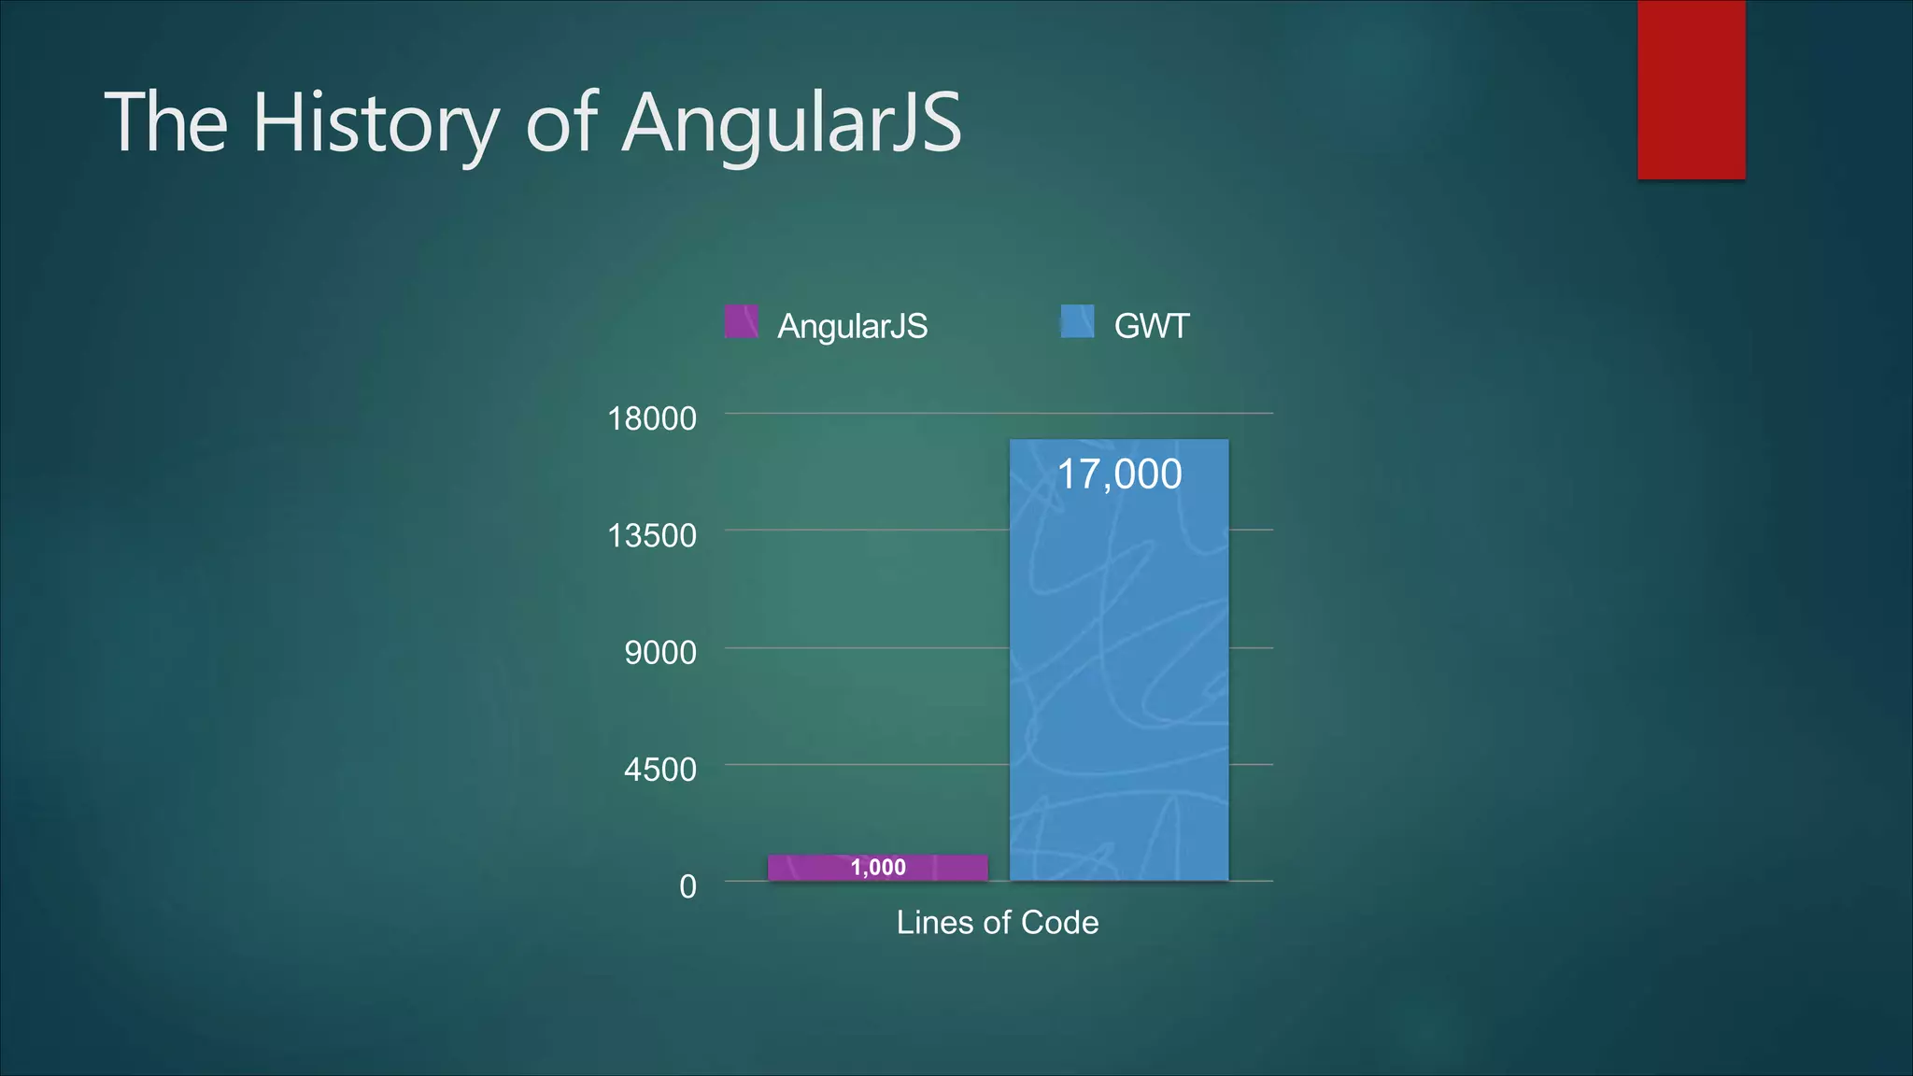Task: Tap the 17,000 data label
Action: click(x=1118, y=474)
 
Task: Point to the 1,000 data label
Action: click(x=878, y=868)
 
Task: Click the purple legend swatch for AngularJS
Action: click(x=742, y=322)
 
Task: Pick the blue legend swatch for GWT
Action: click(x=1077, y=322)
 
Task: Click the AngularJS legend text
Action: click(x=852, y=326)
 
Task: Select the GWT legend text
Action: click(x=1151, y=326)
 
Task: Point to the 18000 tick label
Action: click(x=652, y=418)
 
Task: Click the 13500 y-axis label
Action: click(x=652, y=536)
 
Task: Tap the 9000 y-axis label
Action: click(x=660, y=653)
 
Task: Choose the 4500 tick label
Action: click(x=660, y=770)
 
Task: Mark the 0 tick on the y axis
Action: click(x=687, y=886)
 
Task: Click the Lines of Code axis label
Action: click(x=997, y=923)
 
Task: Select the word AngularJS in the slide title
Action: click(x=791, y=123)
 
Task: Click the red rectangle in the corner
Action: click(x=1691, y=90)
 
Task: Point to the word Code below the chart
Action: click(x=1059, y=923)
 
